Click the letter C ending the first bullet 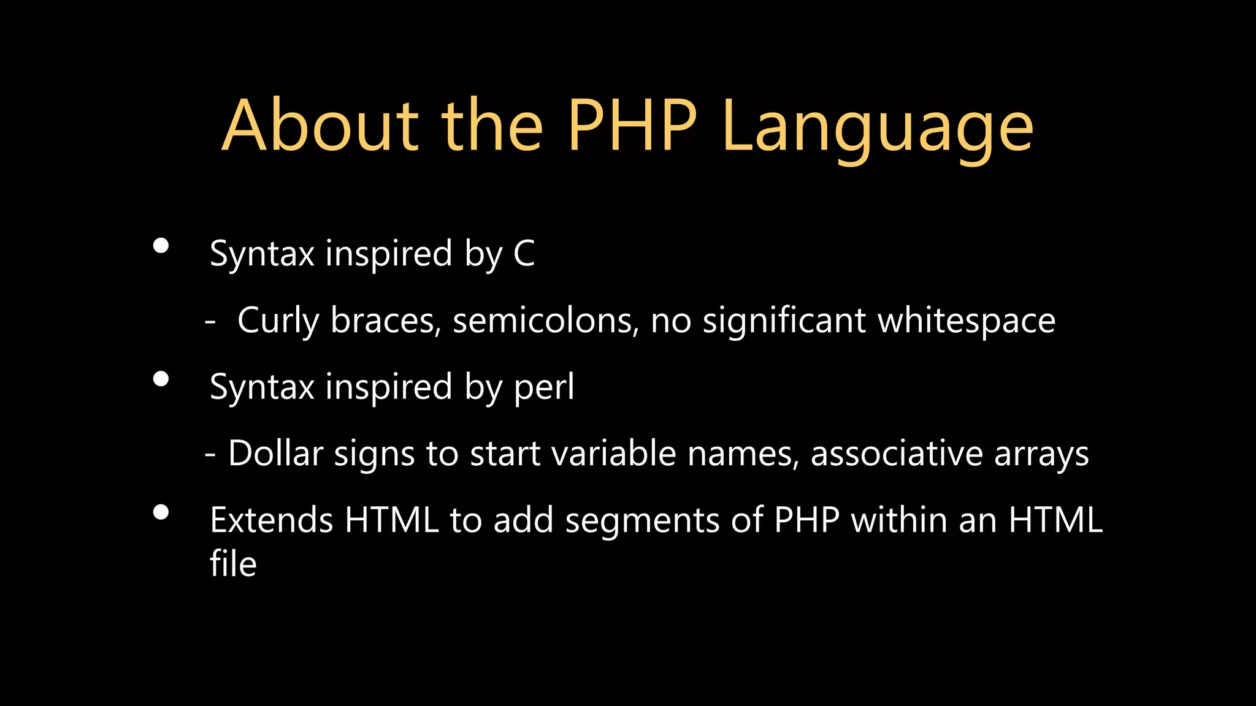click(524, 254)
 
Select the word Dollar click(275, 454)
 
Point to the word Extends click(271, 520)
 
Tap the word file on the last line click(233, 564)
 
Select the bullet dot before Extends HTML click(161, 512)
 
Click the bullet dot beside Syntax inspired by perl click(161, 379)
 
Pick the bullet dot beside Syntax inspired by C click(161, 246)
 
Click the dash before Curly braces click(210, 321)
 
